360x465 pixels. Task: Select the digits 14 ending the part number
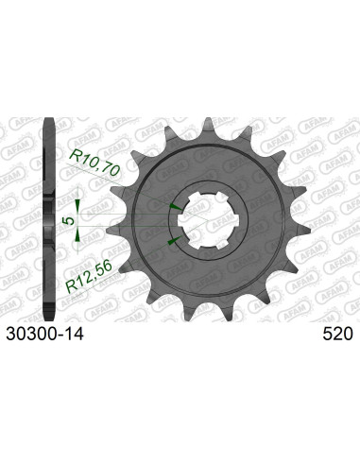pyautogui.click(x=74, y=335)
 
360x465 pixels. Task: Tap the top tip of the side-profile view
pyautogui.click(x=48, y=122)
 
